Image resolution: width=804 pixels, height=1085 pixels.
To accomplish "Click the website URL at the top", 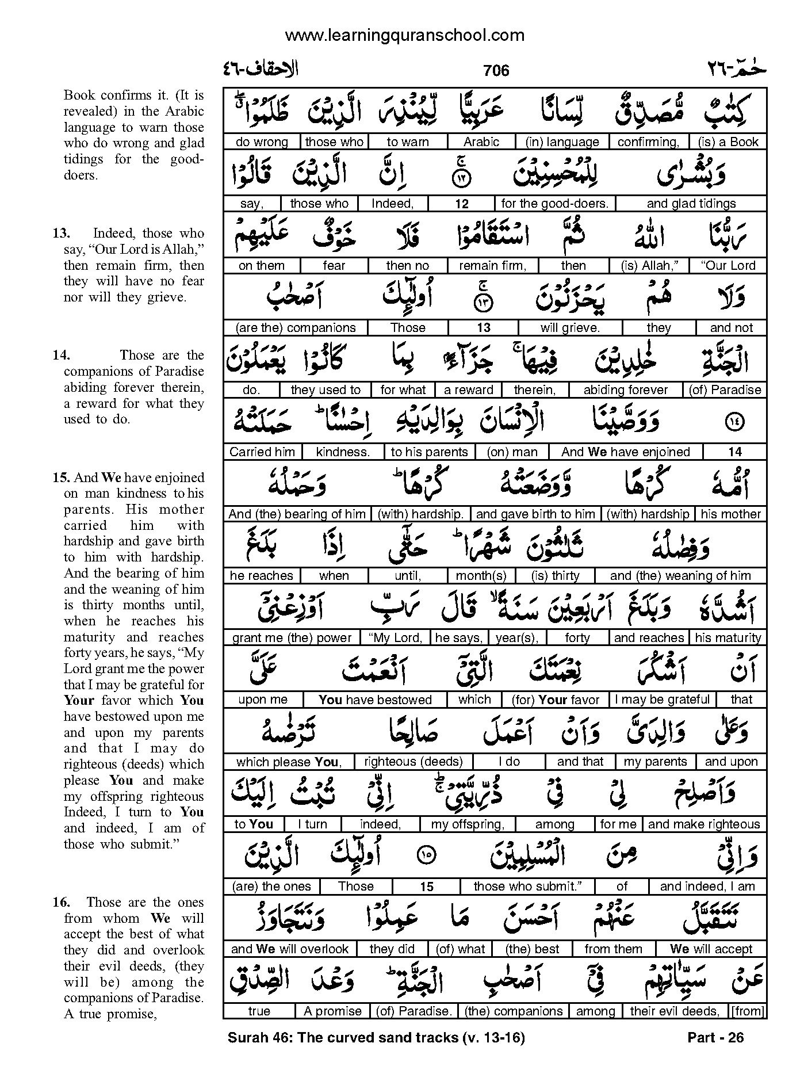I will click(404, 36).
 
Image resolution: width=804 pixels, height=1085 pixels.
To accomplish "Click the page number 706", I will click(496, 71).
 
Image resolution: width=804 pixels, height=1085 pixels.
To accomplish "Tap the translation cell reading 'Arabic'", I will click(481, 142).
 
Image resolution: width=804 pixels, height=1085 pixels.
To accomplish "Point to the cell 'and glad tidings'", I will click(691, 204).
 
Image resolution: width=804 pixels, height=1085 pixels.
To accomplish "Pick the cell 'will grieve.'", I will click(570, 328).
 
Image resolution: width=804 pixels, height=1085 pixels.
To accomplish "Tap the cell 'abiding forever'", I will click(625, 390).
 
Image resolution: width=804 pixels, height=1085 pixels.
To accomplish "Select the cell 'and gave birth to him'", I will click(535, 514).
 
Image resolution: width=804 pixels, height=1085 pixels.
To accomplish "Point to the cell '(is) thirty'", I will click(556, 576).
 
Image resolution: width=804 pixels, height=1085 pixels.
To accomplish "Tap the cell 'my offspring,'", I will click(468, 824).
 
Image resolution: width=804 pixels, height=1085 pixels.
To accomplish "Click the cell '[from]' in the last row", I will click(746, 1011).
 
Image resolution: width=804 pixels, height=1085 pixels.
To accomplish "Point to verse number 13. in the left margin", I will click(61, 234).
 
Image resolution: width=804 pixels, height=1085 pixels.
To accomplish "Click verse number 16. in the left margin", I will click(61, 902).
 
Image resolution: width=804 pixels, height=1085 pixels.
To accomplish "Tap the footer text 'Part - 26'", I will click(715, 1037).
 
